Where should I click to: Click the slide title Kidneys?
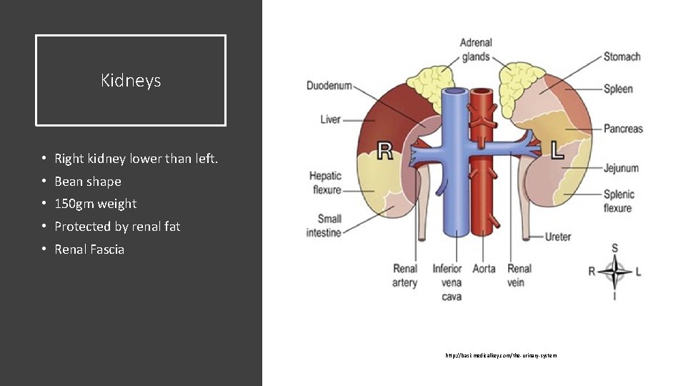click(x=131, y=81)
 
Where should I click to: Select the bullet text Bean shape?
click(x=88, y=182)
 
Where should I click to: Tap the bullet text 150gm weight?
click(x=95, y=204)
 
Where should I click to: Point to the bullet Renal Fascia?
click(x=89, y=249)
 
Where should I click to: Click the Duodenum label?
click(x=329, y=86)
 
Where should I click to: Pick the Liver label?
click(x=330, y=119)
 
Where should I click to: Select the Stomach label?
click(x=622, y=56)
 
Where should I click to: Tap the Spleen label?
click(x=618, y=89)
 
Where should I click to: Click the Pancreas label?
click(x=623, y=129)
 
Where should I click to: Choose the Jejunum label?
click(x=621, y=168)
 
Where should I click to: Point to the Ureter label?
click(x=558, y=237)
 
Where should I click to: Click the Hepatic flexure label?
click(x=325, y=183)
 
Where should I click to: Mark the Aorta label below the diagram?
click(x=484, y=269)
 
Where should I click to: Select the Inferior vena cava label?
click(x=447, y=282)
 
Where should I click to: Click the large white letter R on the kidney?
click(x=384, y=150)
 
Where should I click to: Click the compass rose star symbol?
click(x=615, y=272)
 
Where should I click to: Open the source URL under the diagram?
click(x=500, y=355)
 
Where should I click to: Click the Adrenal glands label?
click(x=475, y=50)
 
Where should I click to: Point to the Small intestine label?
click(x=324, y=226)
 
